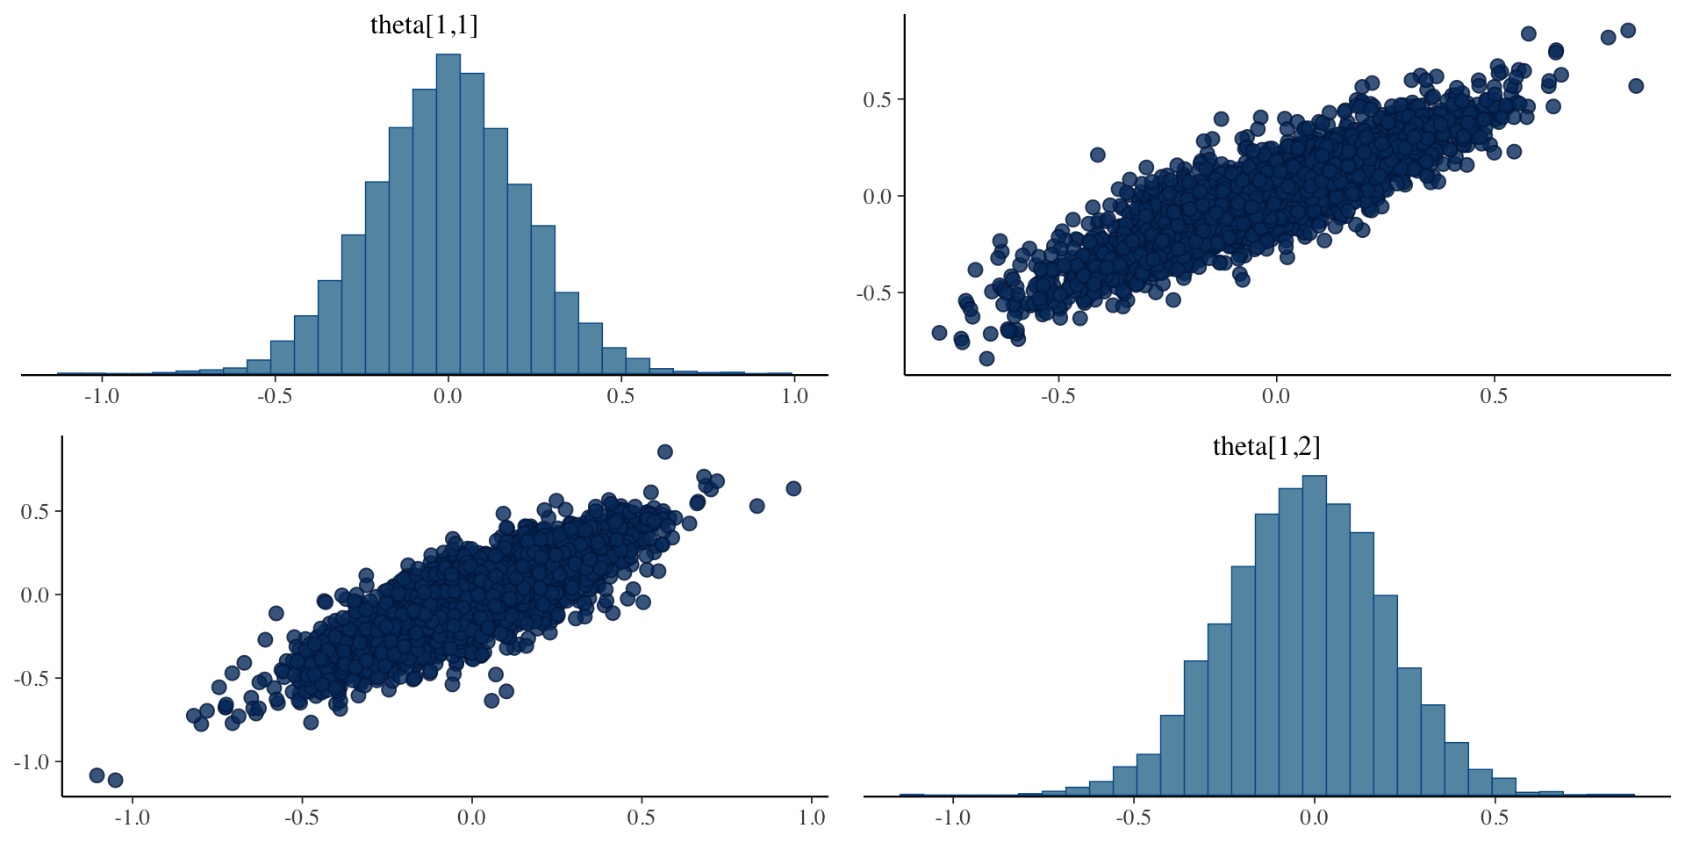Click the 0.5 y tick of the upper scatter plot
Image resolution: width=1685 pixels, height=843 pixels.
[877, 100]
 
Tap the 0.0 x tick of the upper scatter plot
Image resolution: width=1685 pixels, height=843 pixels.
[1275, 396]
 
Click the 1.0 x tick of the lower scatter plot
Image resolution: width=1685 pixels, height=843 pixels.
[812, 818]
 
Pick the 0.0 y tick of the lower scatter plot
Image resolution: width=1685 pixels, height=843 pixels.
[34, 595]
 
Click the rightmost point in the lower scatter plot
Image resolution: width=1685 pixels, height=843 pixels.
[793, 488]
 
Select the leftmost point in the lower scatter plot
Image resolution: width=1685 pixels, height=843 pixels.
[97, 775]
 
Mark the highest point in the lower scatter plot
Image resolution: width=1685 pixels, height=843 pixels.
[665, 452]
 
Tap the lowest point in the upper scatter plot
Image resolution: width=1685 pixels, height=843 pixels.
[986, 358]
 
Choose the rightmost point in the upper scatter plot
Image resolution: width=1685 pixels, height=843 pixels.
[1636, 86]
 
